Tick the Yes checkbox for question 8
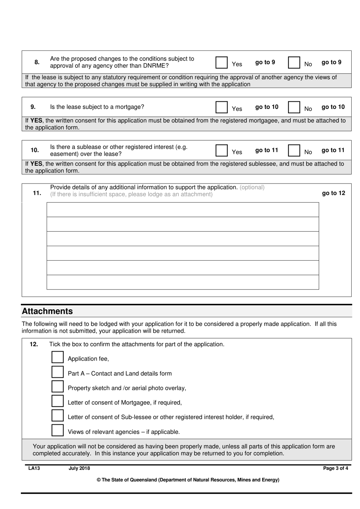point(221,63)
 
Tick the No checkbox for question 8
point(294,63)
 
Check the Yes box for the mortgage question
point(221,107)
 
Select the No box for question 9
point(294,107)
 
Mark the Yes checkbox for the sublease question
point(221,151)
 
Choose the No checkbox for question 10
point(294,151)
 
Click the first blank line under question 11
point(183,210)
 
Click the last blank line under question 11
point(183,282)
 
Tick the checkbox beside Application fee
point(58,357)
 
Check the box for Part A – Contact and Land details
point(58,372)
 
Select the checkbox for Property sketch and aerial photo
point(58,386)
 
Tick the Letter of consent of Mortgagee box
point(58,401)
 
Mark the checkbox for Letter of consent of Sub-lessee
point(58,416)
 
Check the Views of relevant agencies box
point(58,430)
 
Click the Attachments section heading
point(47,311)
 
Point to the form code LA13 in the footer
point(34,468)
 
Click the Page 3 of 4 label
point(335,468)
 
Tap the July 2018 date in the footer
point(79,468)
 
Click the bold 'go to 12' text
point(333,193)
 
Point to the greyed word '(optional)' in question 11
point(252,187)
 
